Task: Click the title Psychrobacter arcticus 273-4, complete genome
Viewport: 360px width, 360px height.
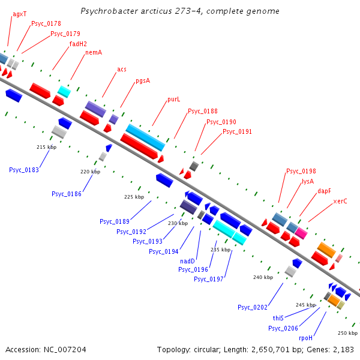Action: (179, 11)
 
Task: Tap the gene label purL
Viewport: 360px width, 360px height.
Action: (173, 100)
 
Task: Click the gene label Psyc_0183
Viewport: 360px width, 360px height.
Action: (24, 170)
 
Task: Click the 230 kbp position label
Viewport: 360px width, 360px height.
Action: (178, 223)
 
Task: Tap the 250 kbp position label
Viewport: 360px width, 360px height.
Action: (347, 333)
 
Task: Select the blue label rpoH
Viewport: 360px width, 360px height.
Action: (306, 338)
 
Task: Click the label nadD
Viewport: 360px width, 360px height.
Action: (188, 261)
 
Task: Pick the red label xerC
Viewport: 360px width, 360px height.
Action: (340, 201)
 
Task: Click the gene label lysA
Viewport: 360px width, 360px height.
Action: (308, 181)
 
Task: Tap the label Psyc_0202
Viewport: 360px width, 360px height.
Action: (253, 308)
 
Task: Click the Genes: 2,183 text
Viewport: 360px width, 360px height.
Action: (334, 349)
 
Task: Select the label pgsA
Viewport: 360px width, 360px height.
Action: (143, 80)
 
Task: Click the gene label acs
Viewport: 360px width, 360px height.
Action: (122, 69)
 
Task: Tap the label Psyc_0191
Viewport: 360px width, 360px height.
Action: (237, 132)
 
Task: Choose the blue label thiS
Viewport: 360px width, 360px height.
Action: (278, 318)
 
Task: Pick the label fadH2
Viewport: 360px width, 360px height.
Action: (78, 44)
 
